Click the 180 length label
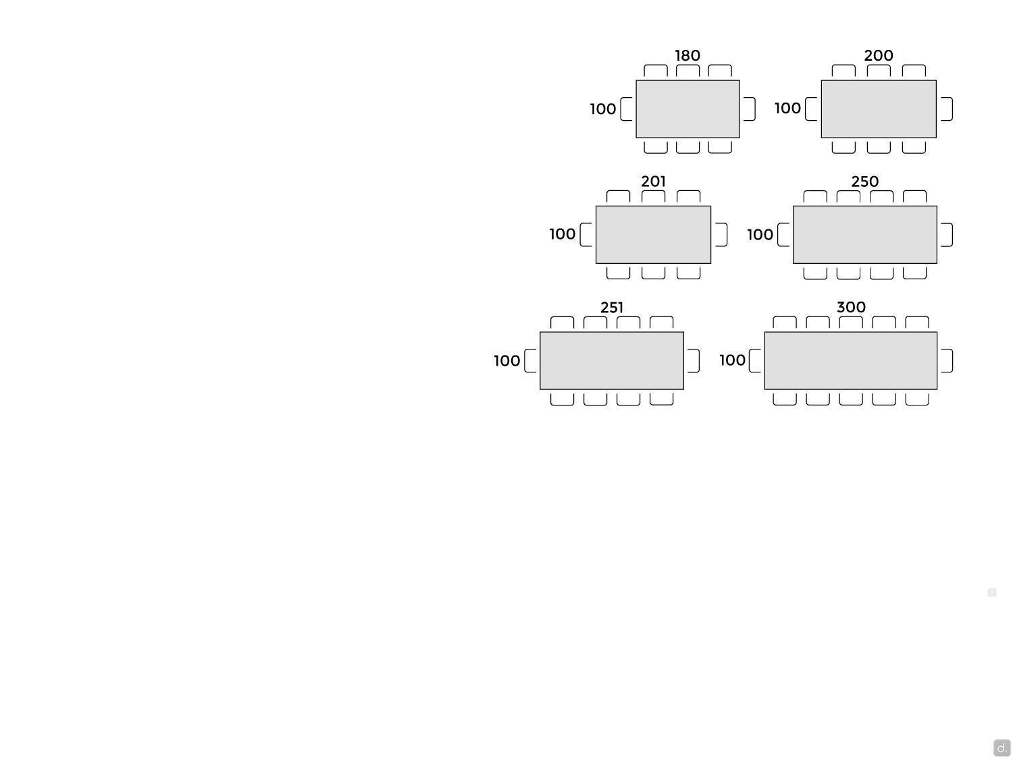pyautogui.click(x=687, y=56)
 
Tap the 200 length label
pyautogui.click(x=878, y=56)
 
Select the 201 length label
pyautogui.click(x=653, y=181)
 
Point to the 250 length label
pyautogui.click(x=864, y=181)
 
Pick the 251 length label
pyautogui.click(x=611, y=308)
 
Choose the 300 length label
pyautogui.click(x=850, y=307)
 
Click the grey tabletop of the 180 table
pyautogui.click(x=687, y=109)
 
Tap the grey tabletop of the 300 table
pyautogui.click(x=850, y=360)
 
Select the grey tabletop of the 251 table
pyautogui.click(x=611, y=360)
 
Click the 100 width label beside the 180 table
pyautogui.click(x=602, y=109)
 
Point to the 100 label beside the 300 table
pyautogui.click(x=732, y=360)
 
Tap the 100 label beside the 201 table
pyautogui.click(x=562, y=234)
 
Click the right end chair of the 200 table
pyautogui.click(x=947, y=109)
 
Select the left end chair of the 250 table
pyautogui.click(x=783, y=235)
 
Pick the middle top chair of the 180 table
pyautogui.click(x=687, y=71)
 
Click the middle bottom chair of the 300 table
pyautogui.click(x=850, y=399)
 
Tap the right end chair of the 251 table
pyautogui.click(x=693, y=360)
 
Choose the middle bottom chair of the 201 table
pyautogui.click(x=653, y=273)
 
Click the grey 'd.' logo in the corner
pyautogui.click(x=1002, y=748)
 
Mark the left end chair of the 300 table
pyautogui.click(x=754, y=360)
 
